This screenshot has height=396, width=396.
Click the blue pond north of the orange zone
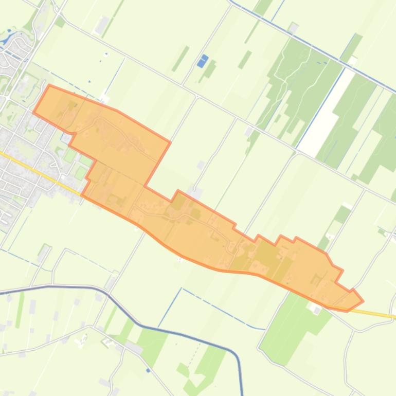pyautogui.click(x=203, y=61)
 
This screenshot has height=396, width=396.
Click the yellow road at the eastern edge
pyautogui.click(x=381, y=314)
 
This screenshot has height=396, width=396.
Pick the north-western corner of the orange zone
pyautogui.click(x=49, y=85)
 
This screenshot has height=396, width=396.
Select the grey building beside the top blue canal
pyautogui.click(x=293, y=27)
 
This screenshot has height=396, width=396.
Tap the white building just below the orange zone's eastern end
pyautogui.click(x=315, y=308)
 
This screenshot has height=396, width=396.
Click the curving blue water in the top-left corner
pyautogui.click(x=9, y=37)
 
